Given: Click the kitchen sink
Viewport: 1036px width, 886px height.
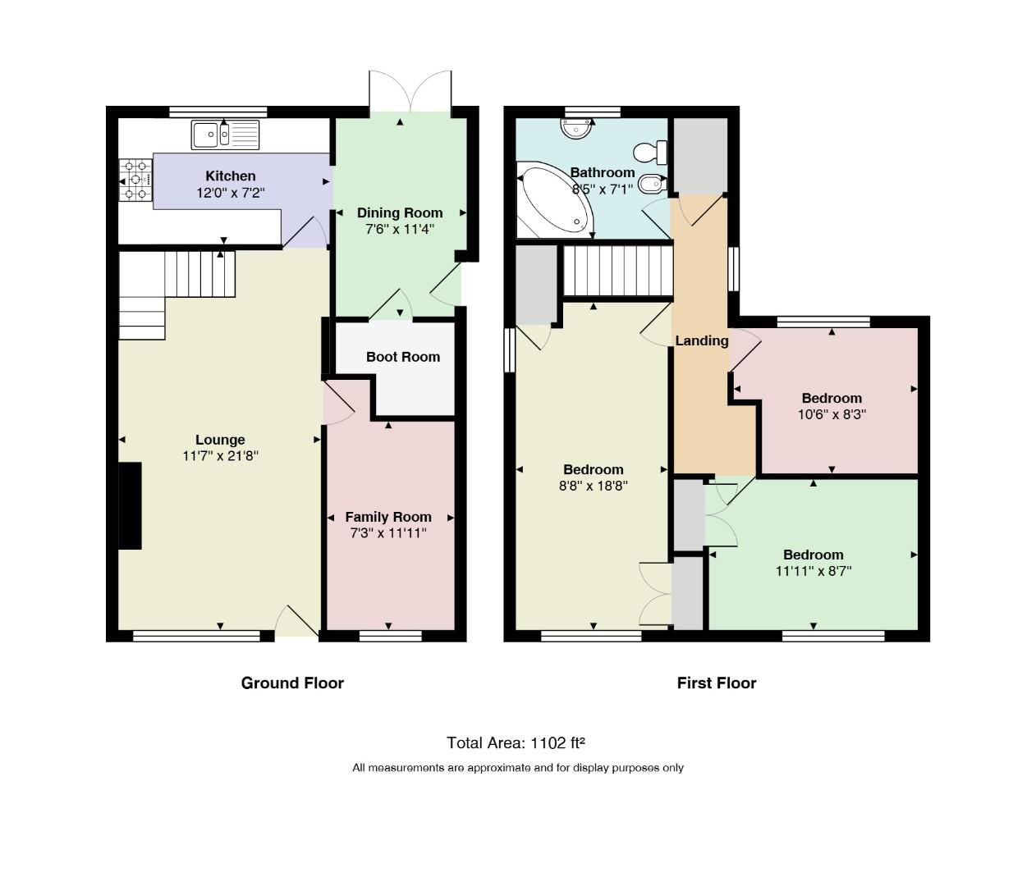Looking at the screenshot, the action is tap(225, 135).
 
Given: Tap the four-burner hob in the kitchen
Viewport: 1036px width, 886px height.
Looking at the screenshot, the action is tap(135, 180).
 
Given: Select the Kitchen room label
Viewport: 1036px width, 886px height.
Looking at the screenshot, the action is tap(231, 176).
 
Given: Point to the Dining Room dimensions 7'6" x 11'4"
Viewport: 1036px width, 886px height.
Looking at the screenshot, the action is tap(400, 230).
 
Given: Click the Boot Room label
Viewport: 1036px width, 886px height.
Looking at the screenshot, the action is tap(403, 357).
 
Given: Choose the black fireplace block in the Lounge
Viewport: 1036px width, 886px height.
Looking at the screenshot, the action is tap(130, 506).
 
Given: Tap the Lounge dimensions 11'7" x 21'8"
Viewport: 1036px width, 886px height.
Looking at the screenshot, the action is tap(220, 456).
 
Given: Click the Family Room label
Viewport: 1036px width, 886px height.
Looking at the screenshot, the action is tap(388, 516).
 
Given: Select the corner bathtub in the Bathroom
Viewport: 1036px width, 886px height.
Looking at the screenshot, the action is tap(554, 199).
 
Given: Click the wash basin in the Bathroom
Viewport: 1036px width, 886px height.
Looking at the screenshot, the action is tap(577, 130).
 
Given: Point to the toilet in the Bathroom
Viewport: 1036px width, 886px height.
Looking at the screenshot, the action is tap(650, 153).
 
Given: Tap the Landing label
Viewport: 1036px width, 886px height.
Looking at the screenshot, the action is tap(702, 340).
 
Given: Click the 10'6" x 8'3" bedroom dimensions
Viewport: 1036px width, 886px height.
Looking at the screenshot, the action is tap(832, 414).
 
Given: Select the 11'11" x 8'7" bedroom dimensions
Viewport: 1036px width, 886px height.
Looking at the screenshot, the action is tap(814, 571).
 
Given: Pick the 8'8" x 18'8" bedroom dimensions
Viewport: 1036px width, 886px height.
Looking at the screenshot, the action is tap(594, 486).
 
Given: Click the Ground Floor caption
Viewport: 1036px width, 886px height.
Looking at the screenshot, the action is tap(293, 683).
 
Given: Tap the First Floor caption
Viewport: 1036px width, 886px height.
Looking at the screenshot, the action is tap(717, 683).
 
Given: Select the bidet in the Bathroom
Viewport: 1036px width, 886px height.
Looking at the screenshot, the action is tap(653, 185).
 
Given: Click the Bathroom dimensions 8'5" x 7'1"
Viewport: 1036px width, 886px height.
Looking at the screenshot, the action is tap(603, 189).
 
